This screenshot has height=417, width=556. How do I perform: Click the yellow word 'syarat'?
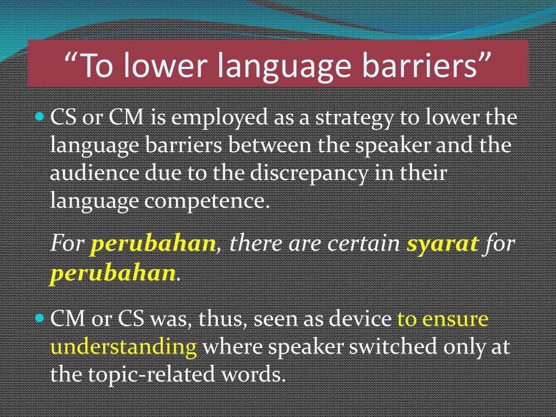(x=442, y=244)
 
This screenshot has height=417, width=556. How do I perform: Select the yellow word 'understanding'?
(x=123, y=346)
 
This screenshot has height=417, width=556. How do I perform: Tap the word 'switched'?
(x=393, y=346)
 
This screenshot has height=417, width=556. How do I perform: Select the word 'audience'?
(x=94, y=174)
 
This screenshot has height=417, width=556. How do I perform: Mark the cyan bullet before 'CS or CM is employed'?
(x=40, y=116)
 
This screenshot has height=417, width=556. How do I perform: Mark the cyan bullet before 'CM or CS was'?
(x=40, y=318)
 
